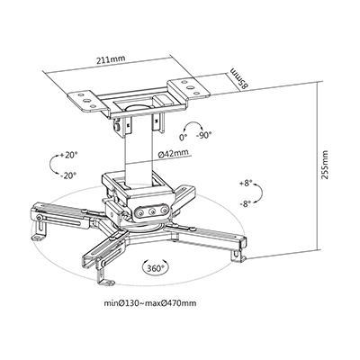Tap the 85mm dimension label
coord(239,78)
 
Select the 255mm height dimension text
coord(324,165)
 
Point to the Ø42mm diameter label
coord(174,153)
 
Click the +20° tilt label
coord(68,155)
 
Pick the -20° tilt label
coord(68,175)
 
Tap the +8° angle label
coord(246,184)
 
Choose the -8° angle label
coord(246,204)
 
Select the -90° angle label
coord(203,136)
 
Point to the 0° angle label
coord(183,137)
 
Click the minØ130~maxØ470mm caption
coord(150,303)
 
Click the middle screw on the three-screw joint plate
coord(152,211)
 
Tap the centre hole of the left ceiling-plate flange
coord(85,101)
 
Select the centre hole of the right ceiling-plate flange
coord(191,87)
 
